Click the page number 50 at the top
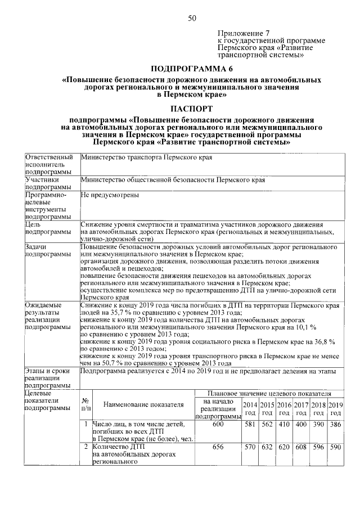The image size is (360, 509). (x=192, y=19)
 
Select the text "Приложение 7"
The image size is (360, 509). (x=242, y=33)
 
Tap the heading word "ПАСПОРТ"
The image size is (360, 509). (x=191, y=108)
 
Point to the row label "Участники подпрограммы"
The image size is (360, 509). (x=47, y=183)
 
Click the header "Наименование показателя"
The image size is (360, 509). (x=143, y=405)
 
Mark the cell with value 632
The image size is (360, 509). (x=267, y=448)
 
